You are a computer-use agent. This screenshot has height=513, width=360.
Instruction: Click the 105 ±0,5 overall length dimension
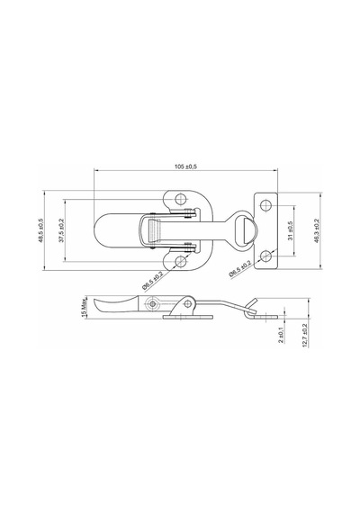pyautogui.click(x=185, y=166)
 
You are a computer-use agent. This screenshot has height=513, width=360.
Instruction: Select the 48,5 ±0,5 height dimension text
pyautogui.click(x=40, y=230)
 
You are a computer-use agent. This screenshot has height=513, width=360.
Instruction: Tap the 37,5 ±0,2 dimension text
pyautogui.click(x=61, y=230)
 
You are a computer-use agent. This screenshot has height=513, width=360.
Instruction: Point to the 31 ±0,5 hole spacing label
pyautogui.click(x=291, y=230)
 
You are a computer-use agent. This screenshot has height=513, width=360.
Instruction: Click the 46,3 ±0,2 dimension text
pyautogui.click(x=316, y=230)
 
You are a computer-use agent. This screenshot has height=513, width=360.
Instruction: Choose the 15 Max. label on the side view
pyautogui.click(x=83, y=307)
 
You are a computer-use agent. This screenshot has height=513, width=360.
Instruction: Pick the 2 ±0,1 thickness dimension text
pyautogui.click(x=281, y=335)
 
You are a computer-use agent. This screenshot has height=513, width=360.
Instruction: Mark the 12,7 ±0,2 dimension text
pyautogui.click(x=305, y=336)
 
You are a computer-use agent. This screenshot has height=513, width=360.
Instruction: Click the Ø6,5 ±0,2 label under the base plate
pyautogui.click(x=152, y=281)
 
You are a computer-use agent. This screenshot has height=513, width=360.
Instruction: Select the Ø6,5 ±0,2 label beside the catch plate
pyautogui.click(x=240, y=269)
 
